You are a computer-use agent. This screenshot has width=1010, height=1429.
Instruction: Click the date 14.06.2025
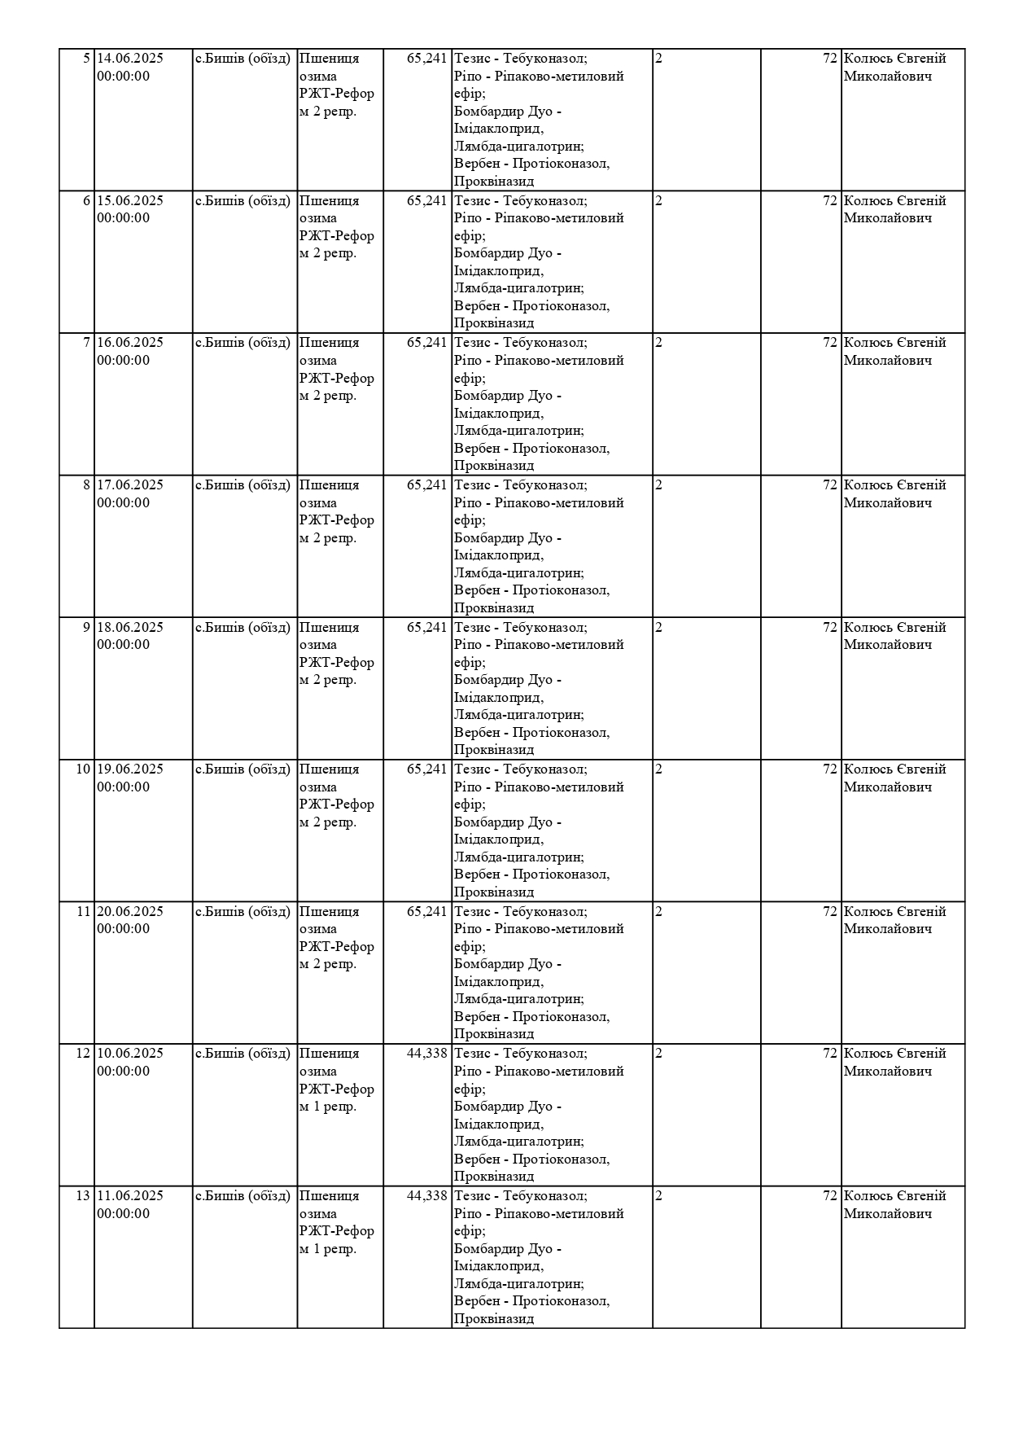click(130, 59)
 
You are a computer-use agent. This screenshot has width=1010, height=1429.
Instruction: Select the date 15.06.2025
click(130, 201)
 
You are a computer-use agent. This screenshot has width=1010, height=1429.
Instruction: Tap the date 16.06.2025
click(130, 343)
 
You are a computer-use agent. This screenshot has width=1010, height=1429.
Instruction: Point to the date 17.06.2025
click(130, 485)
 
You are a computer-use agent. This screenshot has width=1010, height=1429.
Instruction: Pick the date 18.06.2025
click(130, 628)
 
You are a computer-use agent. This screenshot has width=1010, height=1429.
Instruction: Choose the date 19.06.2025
click(130, 769)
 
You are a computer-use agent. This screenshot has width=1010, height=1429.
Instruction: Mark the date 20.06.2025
click(130, 912)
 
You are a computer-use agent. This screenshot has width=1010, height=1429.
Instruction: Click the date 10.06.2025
click(130, 1054)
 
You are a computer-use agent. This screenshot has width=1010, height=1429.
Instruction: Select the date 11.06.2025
click(130, 1196)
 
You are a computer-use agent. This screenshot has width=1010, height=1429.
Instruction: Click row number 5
click(87, 59)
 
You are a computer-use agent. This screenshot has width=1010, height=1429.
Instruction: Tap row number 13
click(83, 1196)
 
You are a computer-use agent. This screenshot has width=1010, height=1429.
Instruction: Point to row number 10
click(83, 769)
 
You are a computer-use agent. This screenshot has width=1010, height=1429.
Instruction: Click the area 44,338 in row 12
click(427, 1054)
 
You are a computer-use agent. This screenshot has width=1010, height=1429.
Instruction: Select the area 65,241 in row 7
click(427, 343)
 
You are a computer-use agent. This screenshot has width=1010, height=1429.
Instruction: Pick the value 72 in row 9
click(829, 628)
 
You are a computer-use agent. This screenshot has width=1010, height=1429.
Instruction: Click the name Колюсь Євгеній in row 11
click(894, 912)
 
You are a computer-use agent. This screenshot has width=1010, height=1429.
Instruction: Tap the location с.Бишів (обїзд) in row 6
click(243, 201)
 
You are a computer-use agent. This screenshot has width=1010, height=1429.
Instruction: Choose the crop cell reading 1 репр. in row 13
click(328, 1249)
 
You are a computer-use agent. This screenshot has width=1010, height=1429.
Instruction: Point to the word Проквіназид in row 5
click(494, 182)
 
